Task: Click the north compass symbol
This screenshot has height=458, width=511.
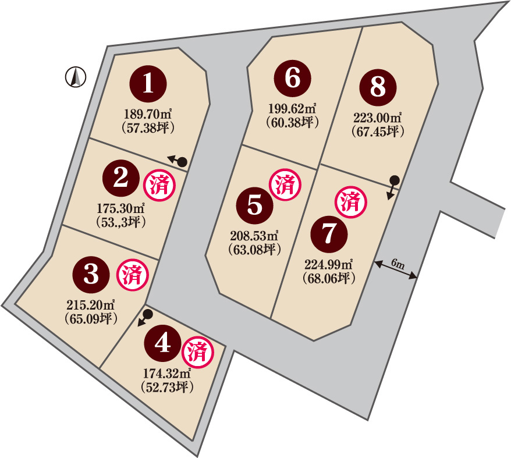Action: [x=76, y=77]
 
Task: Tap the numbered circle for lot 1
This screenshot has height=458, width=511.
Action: [x=148, y=84]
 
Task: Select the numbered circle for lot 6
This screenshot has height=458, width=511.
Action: [x=292, y=78]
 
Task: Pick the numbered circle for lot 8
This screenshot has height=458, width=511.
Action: [x=378, y=87]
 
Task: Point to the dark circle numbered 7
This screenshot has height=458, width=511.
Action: [x=329, y=234]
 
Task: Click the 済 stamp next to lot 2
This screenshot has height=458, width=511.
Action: [x=159, y=186]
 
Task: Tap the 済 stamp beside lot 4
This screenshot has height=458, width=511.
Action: [x=198, y=352]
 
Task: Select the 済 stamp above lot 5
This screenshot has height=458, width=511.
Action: [x=285, y=184]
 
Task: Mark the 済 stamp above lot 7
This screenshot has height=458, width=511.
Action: [x=351, y=202]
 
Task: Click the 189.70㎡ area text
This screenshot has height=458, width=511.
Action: [x=148, y=115]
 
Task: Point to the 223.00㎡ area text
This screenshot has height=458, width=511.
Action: [x=377, y=118]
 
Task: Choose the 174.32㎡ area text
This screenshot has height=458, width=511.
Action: [x=167, y=373]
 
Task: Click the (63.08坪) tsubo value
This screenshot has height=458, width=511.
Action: [x=255, y=250]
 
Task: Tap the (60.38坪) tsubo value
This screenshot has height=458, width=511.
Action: [x=292, y=122]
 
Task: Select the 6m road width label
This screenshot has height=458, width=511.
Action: [x=398, y=264]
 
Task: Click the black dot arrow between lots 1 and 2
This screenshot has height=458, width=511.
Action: [x=177, y=161]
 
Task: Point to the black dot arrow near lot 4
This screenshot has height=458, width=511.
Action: [x=145, y=318]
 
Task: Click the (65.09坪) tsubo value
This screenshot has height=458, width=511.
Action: [x=91, y=319]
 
